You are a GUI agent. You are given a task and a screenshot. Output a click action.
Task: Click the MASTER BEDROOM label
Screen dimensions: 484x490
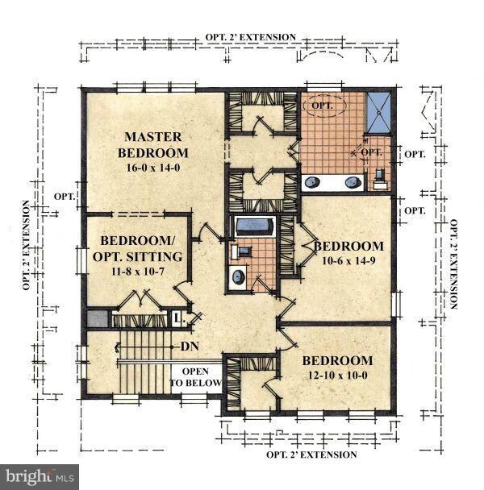(x=153, y=145)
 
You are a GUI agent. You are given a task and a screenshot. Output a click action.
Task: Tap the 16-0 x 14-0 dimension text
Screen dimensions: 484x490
(x=153, y=168)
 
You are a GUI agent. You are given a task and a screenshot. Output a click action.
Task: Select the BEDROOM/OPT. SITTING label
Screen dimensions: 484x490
(x=138, y=249)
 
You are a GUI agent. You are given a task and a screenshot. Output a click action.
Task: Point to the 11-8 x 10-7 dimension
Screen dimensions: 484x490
(x=138, y=272)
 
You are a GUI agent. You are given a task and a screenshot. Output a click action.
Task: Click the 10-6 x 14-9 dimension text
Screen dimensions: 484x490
(x=348, y=260)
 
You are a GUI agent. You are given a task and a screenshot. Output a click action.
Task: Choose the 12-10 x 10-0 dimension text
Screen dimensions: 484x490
(x=338, y=375)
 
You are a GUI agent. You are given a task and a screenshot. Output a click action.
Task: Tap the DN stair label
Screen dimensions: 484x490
(x=190, y=347)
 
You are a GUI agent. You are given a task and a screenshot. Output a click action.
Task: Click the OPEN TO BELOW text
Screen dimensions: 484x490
(x=195, y=377)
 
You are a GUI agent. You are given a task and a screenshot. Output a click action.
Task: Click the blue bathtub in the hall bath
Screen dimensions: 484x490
(x=254, y=226)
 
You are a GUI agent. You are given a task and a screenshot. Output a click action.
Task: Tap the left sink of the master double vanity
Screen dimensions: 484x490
(x=312, y=182)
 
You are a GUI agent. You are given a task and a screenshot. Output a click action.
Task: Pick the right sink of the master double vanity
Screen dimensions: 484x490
(x=353, y=182)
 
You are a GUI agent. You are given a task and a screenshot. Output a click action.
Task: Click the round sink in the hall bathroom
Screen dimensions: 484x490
(x=239, y=276)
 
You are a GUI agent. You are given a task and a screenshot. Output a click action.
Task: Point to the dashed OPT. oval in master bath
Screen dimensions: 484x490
(x=323, y=106)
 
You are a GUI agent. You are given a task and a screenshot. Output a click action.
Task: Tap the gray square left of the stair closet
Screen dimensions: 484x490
(x=98, y=319)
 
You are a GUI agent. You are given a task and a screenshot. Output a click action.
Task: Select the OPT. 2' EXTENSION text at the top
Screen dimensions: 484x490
(x=251, y=37)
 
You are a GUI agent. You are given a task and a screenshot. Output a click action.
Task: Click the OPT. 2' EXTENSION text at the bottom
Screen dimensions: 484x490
(x=311, y=455)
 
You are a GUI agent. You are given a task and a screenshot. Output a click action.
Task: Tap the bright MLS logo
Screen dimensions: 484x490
(x=40, y=477)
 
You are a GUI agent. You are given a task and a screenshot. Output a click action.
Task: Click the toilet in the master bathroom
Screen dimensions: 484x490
(x=380, y=179)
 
